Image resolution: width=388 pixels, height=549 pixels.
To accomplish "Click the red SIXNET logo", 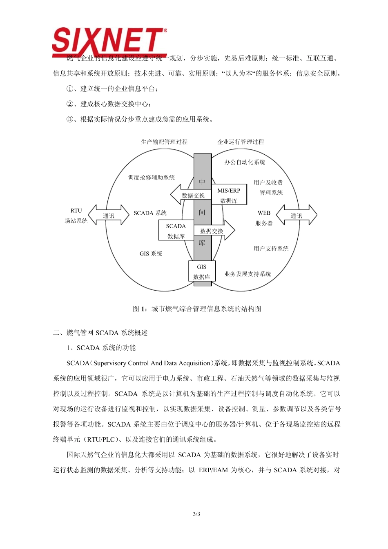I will coord(109,42).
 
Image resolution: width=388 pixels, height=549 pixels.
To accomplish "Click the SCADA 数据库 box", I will coord(176,231).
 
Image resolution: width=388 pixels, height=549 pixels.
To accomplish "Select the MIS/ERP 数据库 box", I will coord(229,195).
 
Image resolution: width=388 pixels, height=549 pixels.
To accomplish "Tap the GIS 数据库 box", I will coord(202,271).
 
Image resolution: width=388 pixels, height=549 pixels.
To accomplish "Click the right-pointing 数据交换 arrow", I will coord(214,231).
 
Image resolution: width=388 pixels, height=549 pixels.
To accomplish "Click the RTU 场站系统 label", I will coord(76,216).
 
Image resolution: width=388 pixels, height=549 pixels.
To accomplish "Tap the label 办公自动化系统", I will coord(245,162).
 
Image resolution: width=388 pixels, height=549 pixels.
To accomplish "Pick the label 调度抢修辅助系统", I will coord(151,178).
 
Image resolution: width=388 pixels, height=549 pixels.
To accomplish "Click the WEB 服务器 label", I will coord(264,218).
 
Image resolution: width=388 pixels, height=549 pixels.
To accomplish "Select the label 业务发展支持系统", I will coord(248,274).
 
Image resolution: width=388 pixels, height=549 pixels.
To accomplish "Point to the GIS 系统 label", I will coord(151,253).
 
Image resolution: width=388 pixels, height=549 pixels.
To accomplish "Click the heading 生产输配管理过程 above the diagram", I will coord(164,142).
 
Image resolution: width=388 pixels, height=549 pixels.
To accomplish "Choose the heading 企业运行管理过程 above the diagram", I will coord(241,142).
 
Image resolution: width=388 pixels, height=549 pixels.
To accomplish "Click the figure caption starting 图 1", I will coord(197,309).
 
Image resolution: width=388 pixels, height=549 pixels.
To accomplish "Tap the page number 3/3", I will coord(196,514).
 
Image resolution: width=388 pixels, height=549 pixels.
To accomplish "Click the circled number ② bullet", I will coord(70,104).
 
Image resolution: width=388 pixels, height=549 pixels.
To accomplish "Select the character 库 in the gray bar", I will coord(202,243).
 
